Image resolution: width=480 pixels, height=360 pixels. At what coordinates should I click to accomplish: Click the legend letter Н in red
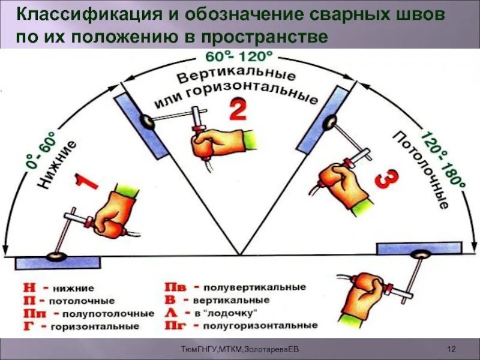coord(26,289)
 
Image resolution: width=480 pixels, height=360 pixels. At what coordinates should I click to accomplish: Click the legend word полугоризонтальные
coord(260,325)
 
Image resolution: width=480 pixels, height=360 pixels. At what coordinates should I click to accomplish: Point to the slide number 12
coord(453,349)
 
